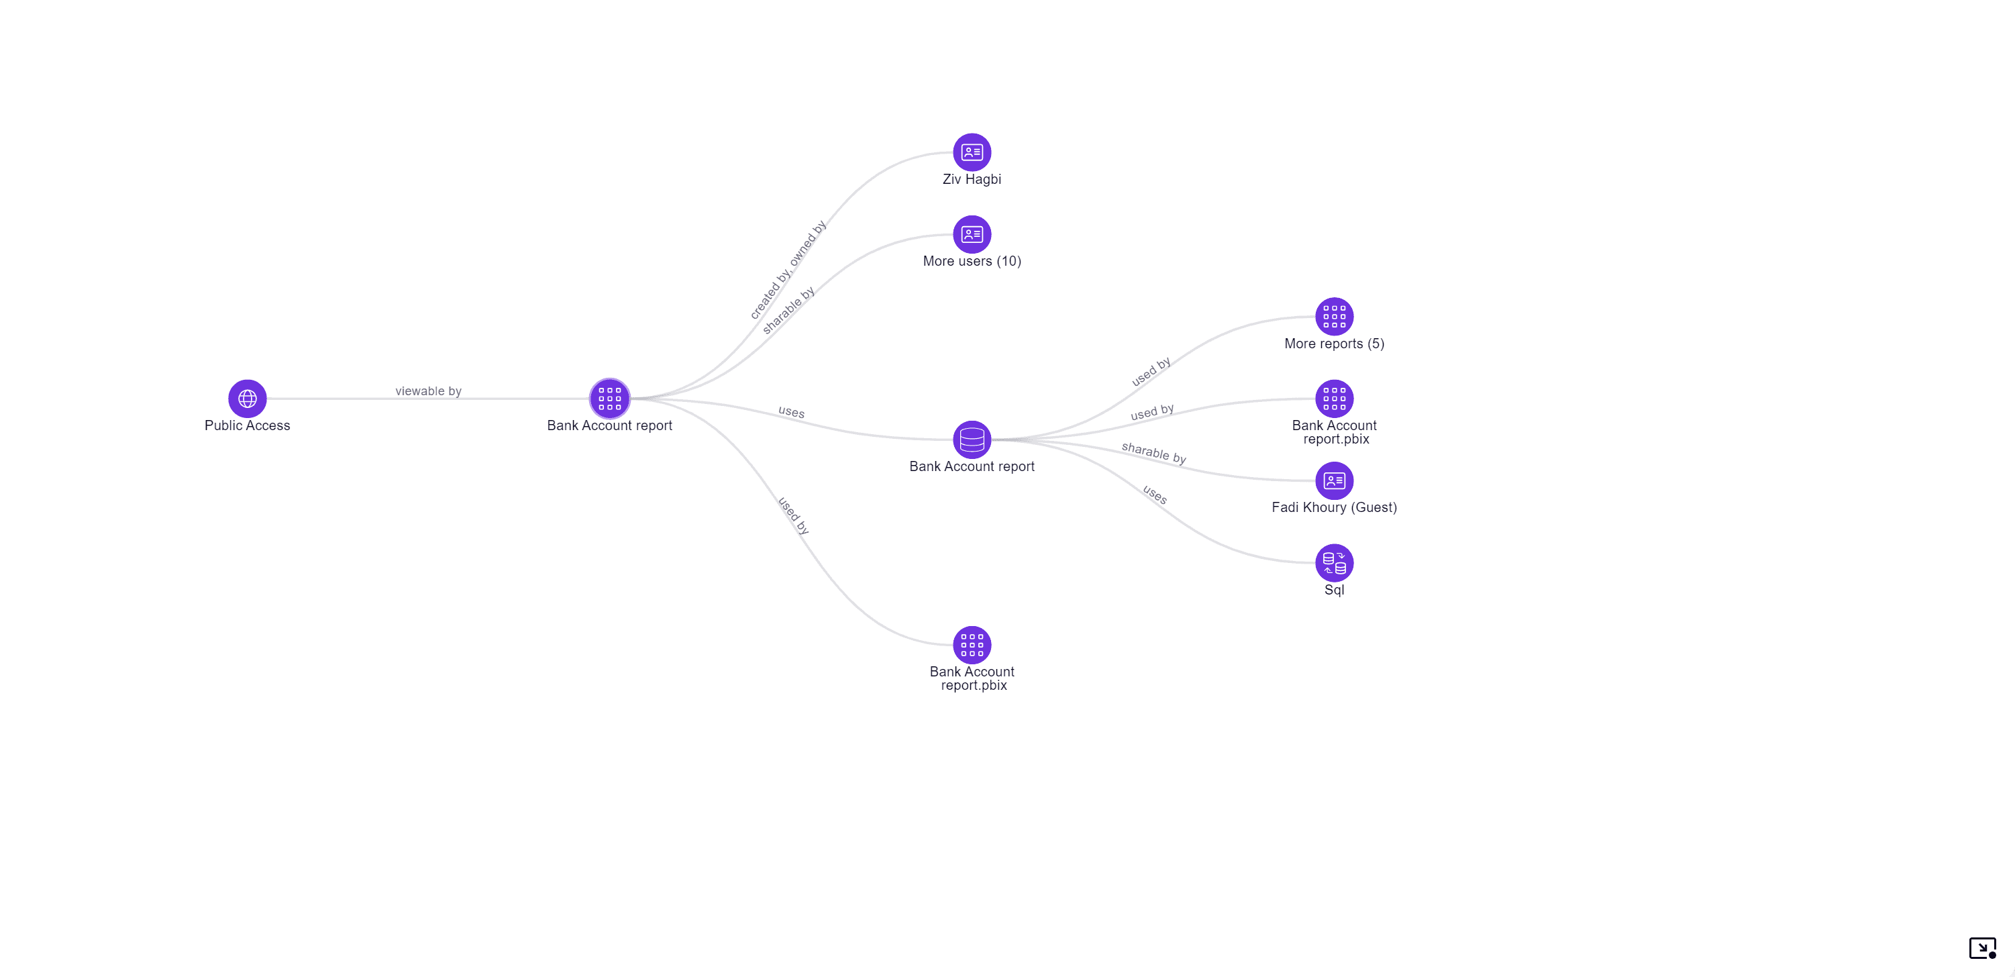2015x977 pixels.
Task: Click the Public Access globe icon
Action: click(x=247, y=399)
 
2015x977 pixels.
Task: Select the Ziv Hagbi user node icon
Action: click(x=972, y=152)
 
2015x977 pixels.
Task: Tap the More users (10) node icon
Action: click(x=972, y=234)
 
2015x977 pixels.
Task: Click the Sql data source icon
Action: click(x=1334, y=562)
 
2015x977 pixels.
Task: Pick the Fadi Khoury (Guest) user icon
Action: click(x=1334, y=480)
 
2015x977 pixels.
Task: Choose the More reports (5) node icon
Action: click(x=1334, y=316)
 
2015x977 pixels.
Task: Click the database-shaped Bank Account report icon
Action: click(x=972, y=440)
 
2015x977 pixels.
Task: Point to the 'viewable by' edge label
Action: click(x=428, y=391)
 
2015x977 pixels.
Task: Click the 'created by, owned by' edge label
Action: click(x=788, y=270)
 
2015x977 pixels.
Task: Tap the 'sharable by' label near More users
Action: click(x=788, y=310)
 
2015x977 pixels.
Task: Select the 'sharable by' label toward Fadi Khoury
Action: click(x=1153, y=453)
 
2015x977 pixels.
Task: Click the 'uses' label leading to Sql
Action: click(x=1155, y=495)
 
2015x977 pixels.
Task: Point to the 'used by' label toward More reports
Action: click(x=1151, y=372)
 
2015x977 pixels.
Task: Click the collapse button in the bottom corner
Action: click(x=1982, y=948)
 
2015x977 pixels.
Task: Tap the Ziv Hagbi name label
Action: click(x=972, y=179)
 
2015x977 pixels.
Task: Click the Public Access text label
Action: click(x=247, y=425)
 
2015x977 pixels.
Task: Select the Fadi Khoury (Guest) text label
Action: click(x=1334, y=508)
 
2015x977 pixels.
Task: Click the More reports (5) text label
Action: click(x=1334, y=344)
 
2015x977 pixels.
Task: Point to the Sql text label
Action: click(x=1334, y=590)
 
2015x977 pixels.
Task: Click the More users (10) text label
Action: click(x=972, y=261)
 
